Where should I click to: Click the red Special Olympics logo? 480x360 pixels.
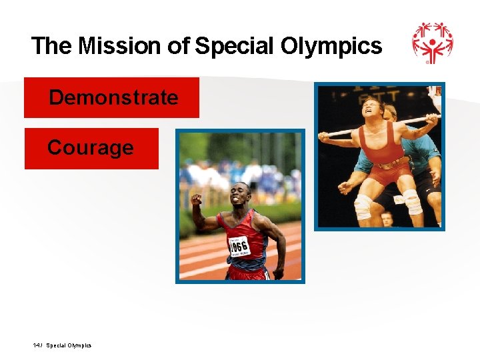click(432, 43)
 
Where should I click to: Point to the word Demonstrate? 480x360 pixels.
click(113, 97)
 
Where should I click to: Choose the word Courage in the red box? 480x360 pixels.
click(90, 147)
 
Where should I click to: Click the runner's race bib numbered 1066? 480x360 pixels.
click(239, 246)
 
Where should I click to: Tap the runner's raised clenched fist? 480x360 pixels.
click(196, 199)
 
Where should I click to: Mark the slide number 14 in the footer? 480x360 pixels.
click(35, 345)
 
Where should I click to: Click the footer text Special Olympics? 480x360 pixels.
click(69, 345)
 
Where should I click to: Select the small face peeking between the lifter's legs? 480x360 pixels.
click(386, 218)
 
